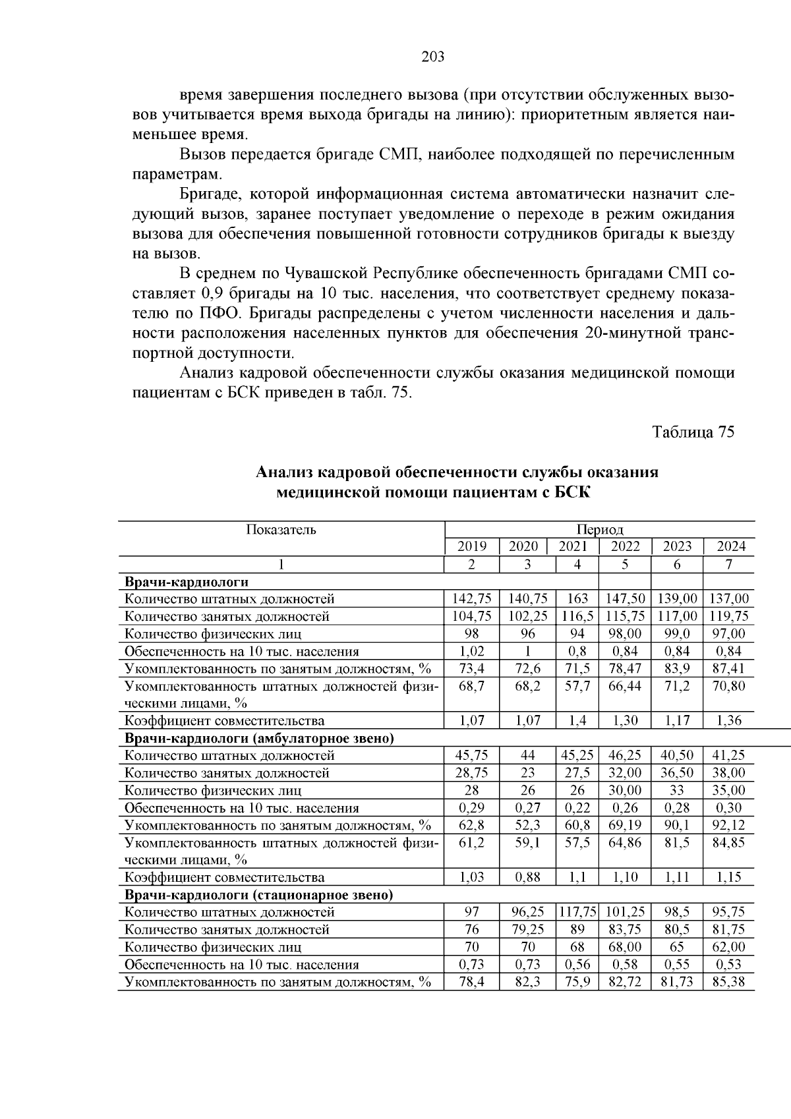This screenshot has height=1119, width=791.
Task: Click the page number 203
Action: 433,57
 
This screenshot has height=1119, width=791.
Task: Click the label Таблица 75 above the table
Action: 693,432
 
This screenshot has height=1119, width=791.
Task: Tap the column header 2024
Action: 731,546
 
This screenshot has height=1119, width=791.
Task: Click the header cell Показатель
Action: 281,530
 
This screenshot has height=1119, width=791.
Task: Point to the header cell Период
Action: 600,530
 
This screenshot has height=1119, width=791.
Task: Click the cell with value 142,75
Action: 471,599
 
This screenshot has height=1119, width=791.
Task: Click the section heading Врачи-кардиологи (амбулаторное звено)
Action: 259,738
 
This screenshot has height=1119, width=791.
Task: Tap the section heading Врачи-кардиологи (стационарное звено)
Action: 258,895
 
